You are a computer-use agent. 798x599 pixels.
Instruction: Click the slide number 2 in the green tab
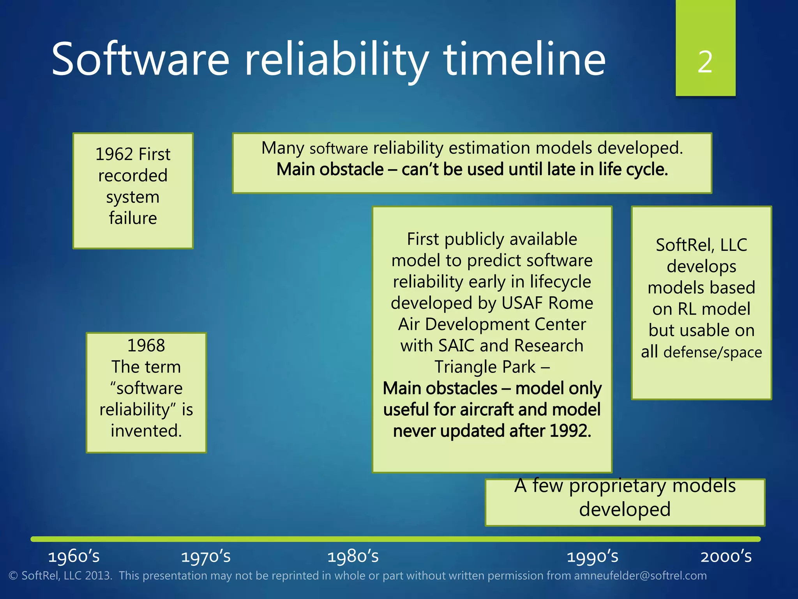click(705, 62)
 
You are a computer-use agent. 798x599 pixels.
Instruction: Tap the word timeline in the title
click(524, 59)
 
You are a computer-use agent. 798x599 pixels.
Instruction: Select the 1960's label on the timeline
click(74, 556)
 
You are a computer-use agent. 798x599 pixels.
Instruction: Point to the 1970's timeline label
click(206, 556)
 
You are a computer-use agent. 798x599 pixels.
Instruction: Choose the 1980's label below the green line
click(353, 556)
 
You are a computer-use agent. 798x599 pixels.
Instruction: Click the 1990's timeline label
click(592, 556)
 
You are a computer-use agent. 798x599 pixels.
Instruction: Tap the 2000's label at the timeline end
click(726, 556)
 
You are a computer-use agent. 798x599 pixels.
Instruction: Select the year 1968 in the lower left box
click(146, 346)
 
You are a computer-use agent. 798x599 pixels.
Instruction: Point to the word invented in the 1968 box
click(146, 431)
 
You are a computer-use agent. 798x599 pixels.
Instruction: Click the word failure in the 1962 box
click(133, 218)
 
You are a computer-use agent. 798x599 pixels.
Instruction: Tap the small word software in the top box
click(339, 149)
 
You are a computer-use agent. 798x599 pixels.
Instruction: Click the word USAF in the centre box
click(523, 303)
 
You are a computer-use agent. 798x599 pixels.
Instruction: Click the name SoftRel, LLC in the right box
click(701, 245)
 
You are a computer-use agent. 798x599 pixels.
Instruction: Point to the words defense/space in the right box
click(712, 352)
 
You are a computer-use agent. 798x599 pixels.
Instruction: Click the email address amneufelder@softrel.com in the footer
click(640, 576)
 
